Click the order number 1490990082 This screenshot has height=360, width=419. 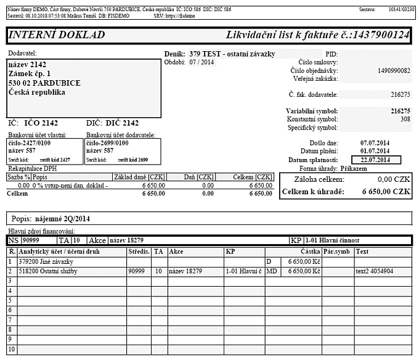click(x=393, y=71)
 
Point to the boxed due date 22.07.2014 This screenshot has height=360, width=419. click(x=375, y=160)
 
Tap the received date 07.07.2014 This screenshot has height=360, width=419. click(x=375, y=142)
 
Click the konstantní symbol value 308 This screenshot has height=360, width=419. click(x=405, y=119)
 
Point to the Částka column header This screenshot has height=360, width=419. click(x=309, y=252)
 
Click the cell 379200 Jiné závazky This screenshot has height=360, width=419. click(x=46, y=261)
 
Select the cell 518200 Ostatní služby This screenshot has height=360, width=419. click(x=50, y=271)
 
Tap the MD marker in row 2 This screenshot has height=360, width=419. click(x=271, y=271)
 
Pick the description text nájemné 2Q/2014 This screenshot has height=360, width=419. click(x=62, y=219)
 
